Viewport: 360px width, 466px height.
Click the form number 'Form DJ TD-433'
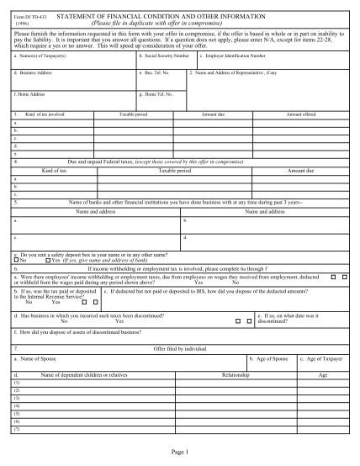[34, 14]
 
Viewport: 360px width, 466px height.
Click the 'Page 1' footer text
[179, 453]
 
